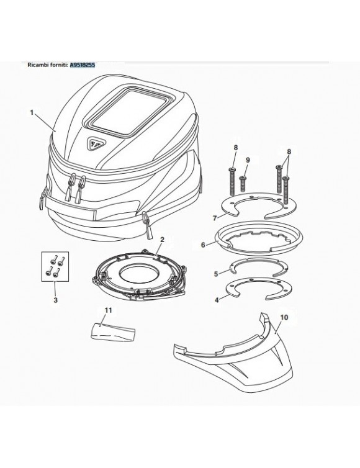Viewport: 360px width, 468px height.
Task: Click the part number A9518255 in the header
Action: coord(82,64)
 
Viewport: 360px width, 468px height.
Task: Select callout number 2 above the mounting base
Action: coord(162,238)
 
